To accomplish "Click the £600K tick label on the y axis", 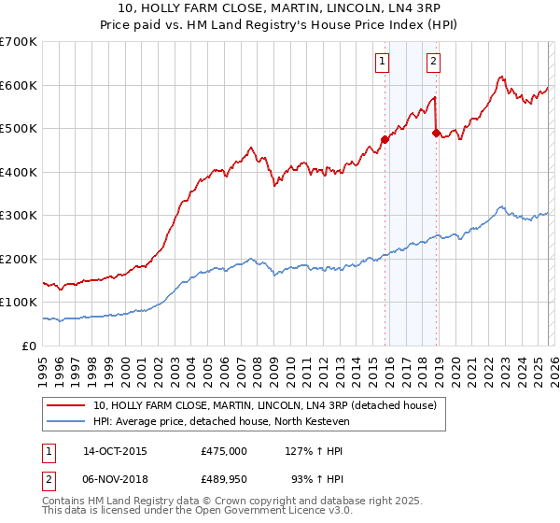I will [x=19, y=85].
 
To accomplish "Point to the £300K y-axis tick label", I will [x=19, y=216].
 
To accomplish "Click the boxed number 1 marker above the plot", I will [x=383, y=63].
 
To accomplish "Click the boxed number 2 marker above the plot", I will [x=434, y=63].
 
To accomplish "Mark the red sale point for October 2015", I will [x=385, y=139].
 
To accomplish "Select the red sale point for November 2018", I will [x=436, y=133].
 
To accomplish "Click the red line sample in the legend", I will [x=66, y=405].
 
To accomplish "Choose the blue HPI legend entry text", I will [x=220, y=421].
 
